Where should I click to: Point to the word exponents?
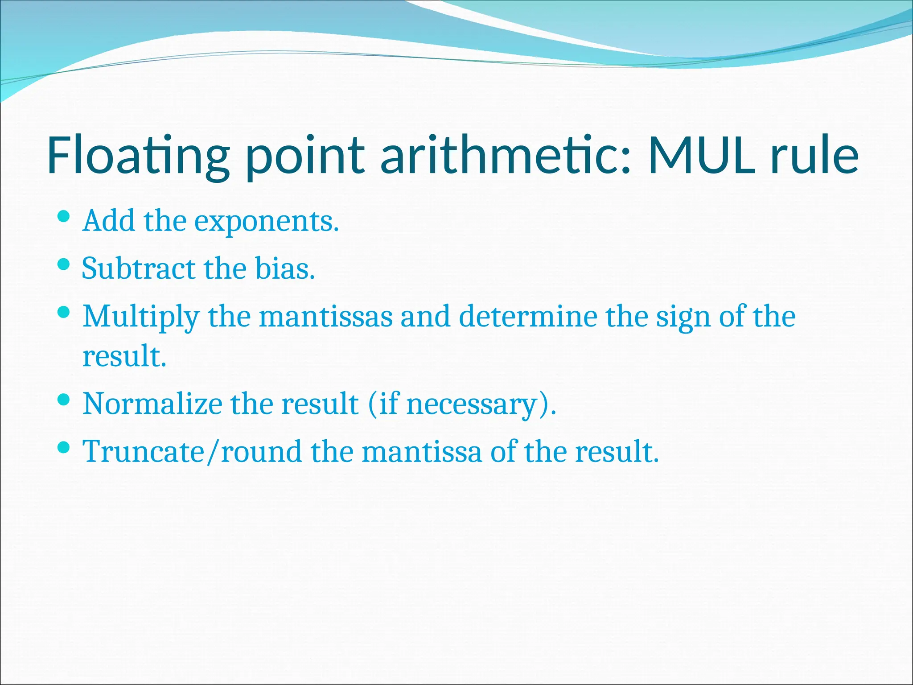click(x=267, y=222)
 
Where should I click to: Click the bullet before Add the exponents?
click(x=64, y=217)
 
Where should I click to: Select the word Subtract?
click(x=139, y=269)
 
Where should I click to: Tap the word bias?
click(x=285, y=269)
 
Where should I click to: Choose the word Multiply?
click(x=141, y=317)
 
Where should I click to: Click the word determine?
click(x=528, y=317)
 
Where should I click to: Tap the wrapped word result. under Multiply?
click(x=124, y=357)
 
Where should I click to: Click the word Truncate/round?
click(x=192, y=452)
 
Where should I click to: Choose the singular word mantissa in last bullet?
click(x=422, y=452)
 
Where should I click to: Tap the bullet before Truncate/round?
click(x=64, y=447)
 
